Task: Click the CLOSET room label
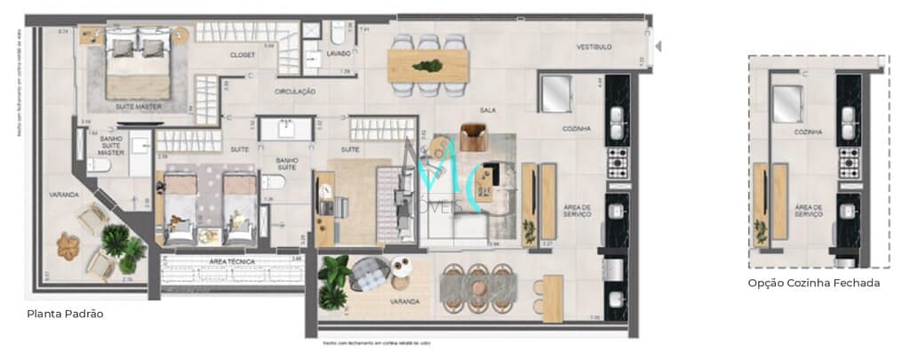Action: point(243,55)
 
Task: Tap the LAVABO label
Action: point(338,54)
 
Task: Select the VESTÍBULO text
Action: point(594,47)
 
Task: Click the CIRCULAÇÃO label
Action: point(296,91)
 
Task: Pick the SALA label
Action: point(487,110)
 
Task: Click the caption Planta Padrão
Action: point(68,314)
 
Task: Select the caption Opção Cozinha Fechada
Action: point(814,283)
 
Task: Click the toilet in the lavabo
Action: point(338,34)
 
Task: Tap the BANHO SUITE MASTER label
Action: point(111,146)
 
